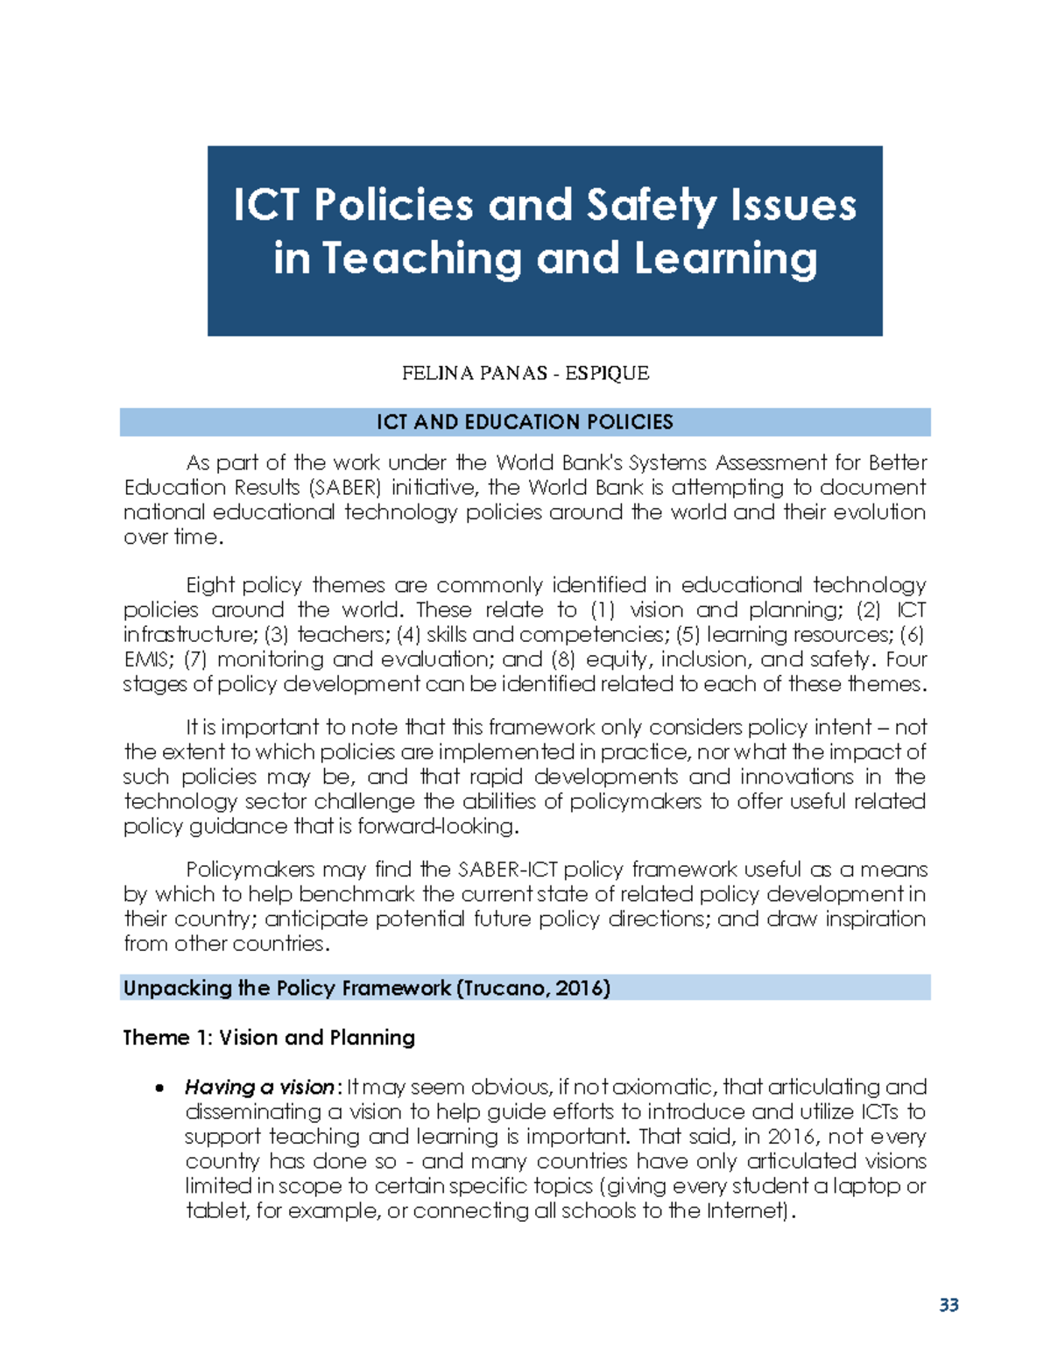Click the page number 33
[x=949, y=1305]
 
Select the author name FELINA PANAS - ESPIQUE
[x=525, y=373]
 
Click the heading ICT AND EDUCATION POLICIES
[x=525, y=422]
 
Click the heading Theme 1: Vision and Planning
[x=269, y=1038]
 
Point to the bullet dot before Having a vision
[x=159, y=1089]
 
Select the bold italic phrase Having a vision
[x=259, y=1088]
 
